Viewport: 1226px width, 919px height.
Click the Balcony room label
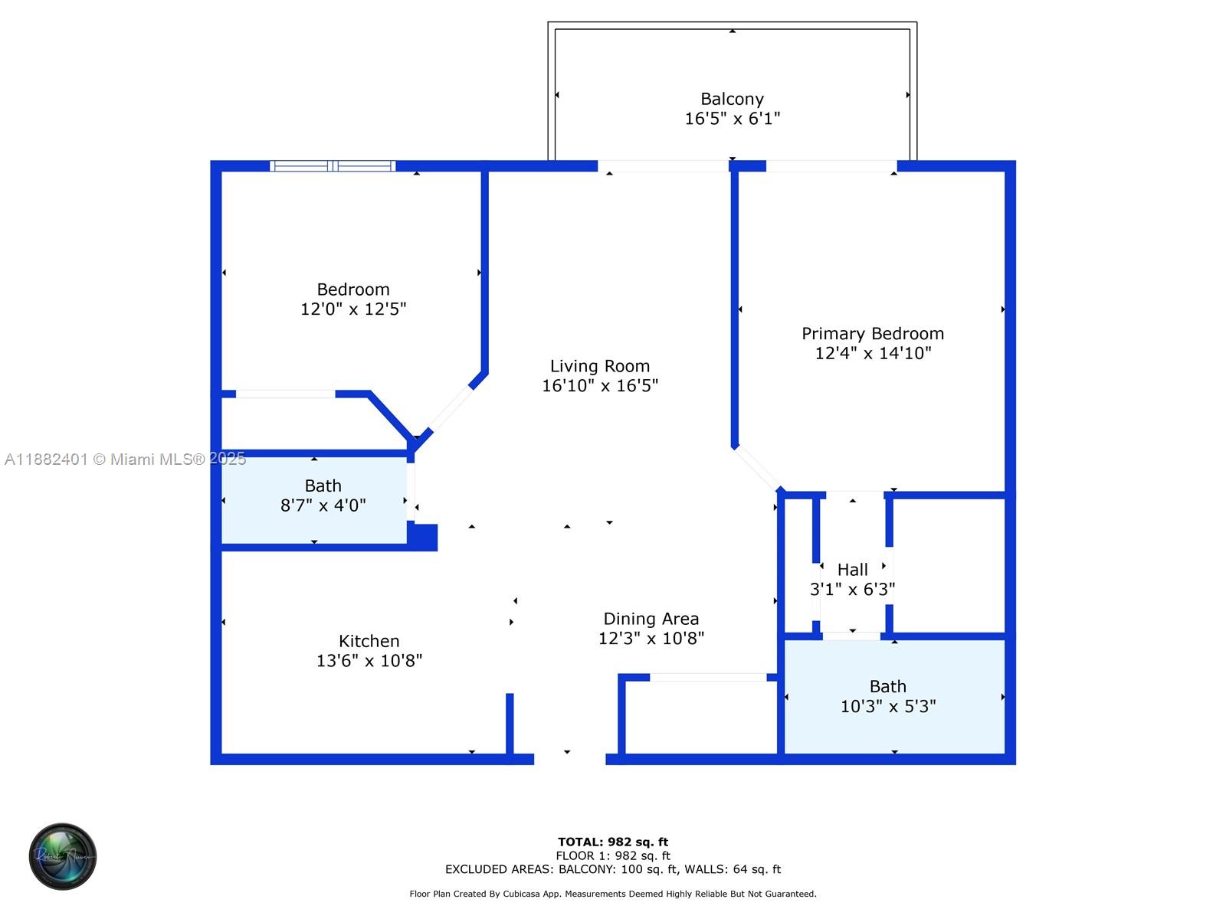point(732,99)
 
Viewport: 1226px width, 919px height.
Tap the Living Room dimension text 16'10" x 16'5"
point(600,385)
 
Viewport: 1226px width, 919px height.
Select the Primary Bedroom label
point(873,333)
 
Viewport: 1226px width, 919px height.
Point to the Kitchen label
point(369,640)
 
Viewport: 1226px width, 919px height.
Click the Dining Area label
point(651,618)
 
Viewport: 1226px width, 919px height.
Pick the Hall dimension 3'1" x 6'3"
point(852,589)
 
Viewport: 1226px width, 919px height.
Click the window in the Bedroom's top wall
point(333,165)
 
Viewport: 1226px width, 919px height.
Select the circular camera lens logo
point(63,856)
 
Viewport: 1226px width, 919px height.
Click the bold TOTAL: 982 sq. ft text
point(613,842)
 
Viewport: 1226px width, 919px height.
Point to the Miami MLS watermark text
point(125,459)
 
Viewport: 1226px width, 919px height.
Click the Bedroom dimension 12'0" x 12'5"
point(353,309)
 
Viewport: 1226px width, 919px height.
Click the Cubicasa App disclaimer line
point(613,893)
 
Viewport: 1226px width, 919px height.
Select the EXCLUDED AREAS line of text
point(613,868)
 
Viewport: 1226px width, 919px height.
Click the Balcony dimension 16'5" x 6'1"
point(732,118)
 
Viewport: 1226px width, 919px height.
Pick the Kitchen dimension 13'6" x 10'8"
point(369,661)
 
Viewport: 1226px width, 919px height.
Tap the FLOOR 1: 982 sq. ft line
point(613,855)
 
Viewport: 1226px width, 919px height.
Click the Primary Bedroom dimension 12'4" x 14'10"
point(873,352)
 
